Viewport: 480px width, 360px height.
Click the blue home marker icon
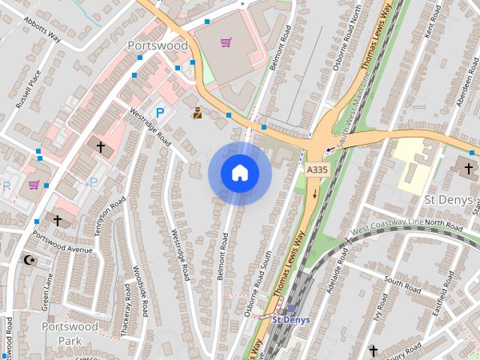tap(239, 172)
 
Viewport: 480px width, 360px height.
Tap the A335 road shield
tap(316, 171)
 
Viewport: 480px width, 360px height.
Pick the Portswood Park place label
tap(69, 333)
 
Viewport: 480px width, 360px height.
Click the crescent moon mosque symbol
tap(28, 259)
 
